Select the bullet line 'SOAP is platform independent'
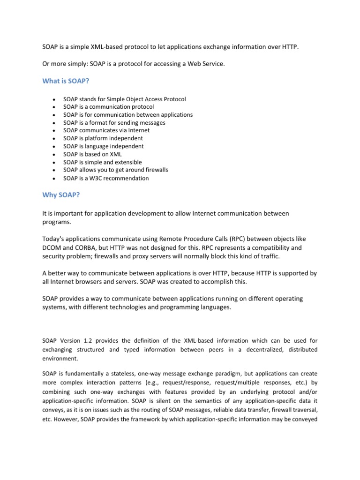pos(103,138)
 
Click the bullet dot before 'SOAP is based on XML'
pos(55,155)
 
